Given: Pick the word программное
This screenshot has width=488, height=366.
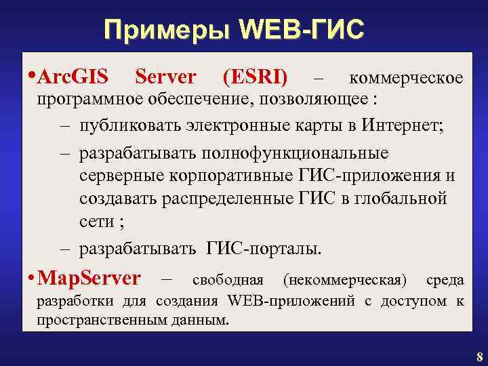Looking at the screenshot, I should click(x=84, y=102).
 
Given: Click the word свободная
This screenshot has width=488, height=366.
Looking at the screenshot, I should click(x=228, y=279).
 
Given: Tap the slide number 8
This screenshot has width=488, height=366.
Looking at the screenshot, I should click(x=479, y=357).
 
